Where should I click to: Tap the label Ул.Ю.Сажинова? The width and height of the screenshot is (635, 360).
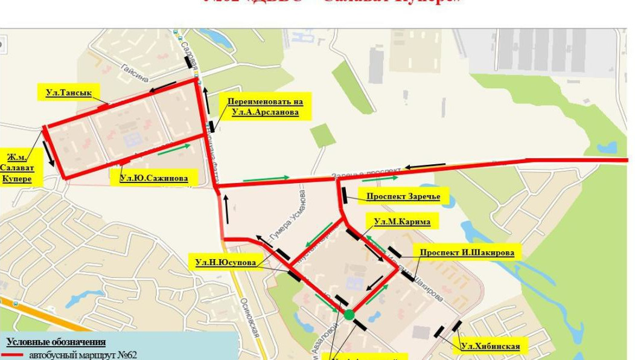[153, 178]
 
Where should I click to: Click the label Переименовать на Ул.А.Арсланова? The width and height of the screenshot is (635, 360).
[266, 106]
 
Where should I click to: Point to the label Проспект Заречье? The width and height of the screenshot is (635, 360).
[403, 196]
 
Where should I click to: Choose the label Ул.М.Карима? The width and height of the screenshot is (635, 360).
[402, 222]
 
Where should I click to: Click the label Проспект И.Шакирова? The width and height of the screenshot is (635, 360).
[467, 252]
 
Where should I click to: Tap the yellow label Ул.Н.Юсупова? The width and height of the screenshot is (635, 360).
[225, 262]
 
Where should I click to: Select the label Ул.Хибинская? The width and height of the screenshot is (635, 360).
[490, 346]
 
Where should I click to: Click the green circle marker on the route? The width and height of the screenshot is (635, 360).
[349, 314]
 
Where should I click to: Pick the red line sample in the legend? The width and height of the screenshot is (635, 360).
[14, 355]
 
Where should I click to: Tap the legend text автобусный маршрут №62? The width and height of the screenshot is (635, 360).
[83, 355]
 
